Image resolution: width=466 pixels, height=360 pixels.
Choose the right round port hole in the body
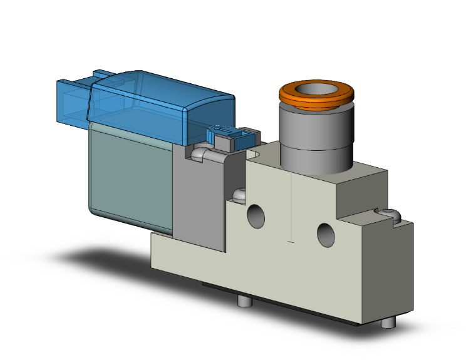click(x=326, y=235)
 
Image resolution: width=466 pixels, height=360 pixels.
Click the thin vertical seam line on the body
click(x=292, y=207)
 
